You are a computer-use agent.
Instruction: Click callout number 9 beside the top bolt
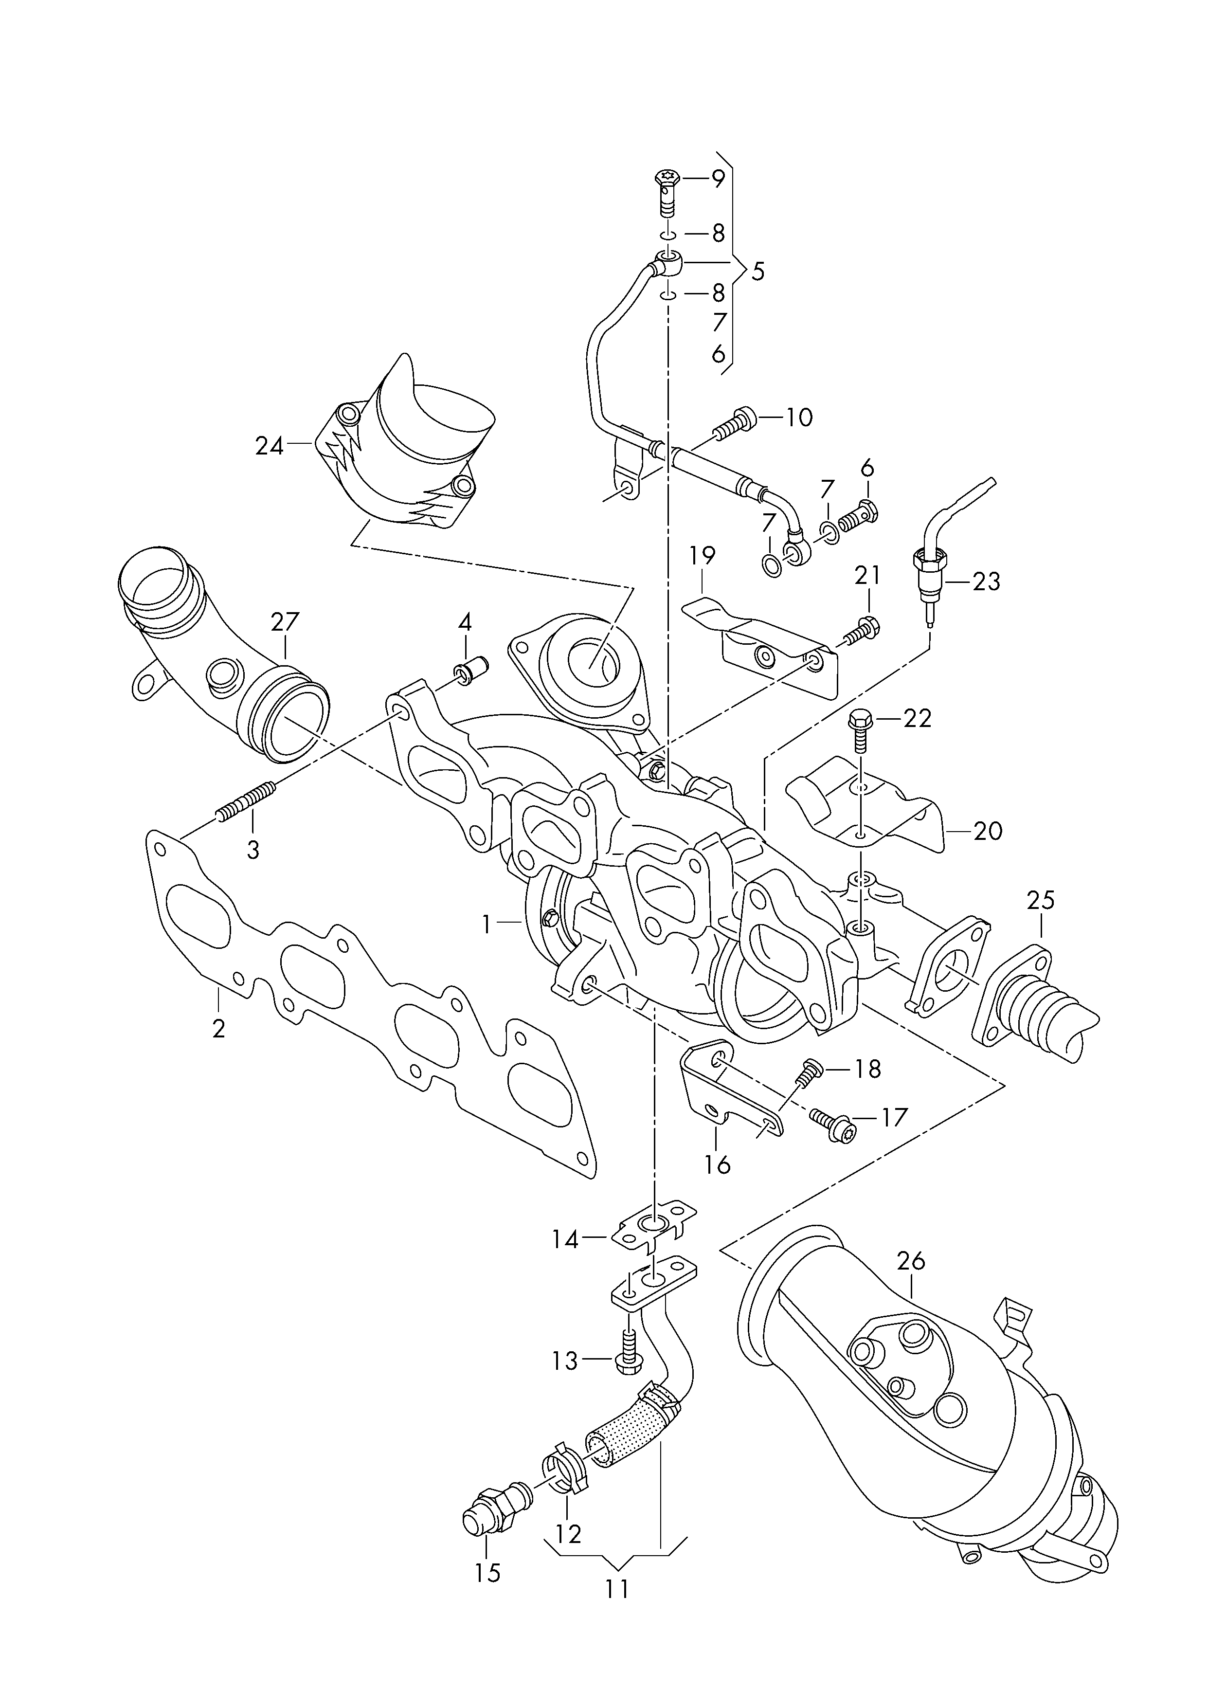pos(717,179)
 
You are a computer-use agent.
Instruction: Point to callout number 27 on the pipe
pos(285,622)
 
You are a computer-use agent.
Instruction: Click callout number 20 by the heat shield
pos(989,830)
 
